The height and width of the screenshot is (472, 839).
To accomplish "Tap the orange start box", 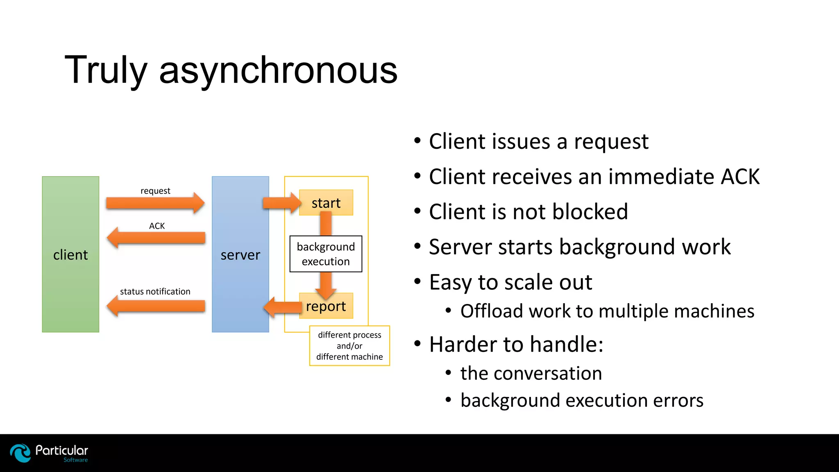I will click(x=326, y=202).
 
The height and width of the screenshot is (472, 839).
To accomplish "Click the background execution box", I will click(x=326, y=254).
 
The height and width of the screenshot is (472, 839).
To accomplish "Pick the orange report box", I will click(x=326, y=306).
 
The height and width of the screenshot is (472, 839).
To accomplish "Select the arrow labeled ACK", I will click(x=156, y=238).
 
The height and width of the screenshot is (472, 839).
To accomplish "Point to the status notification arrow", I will click(x=156, y=306).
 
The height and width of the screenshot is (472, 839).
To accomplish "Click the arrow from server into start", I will click(x=281, y=203).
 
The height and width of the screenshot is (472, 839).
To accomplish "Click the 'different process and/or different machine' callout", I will click(x=349, y=346).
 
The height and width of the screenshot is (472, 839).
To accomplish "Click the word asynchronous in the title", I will click(x=278, y=70).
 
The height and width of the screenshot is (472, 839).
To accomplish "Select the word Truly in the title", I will click(x=106, y=70).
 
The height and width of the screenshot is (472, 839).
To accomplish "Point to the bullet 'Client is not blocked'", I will click(x=528, y=212).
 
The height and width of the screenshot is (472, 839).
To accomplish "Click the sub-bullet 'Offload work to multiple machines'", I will click(x=607, y=311).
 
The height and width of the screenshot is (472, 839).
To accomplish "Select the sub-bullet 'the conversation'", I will click(x=531, y=373).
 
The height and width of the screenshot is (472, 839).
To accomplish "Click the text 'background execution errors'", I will click(x=582, y=400).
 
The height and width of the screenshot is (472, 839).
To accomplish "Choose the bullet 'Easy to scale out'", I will click(x=510, y=282).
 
